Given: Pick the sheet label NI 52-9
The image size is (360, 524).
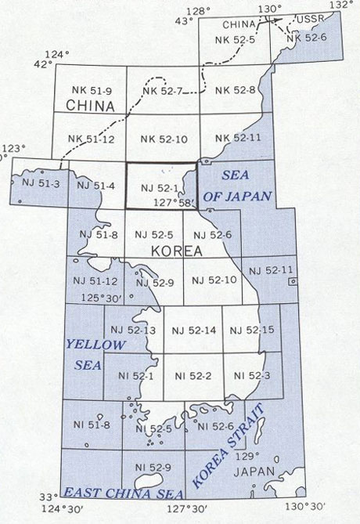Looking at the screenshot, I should pyautogui.click(x=153, y=468).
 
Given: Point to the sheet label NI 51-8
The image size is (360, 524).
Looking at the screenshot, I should pyautogui.click(x=92, y=425).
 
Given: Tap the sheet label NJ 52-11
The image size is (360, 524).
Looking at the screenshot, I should pyautogui.click(x=270, y=269).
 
